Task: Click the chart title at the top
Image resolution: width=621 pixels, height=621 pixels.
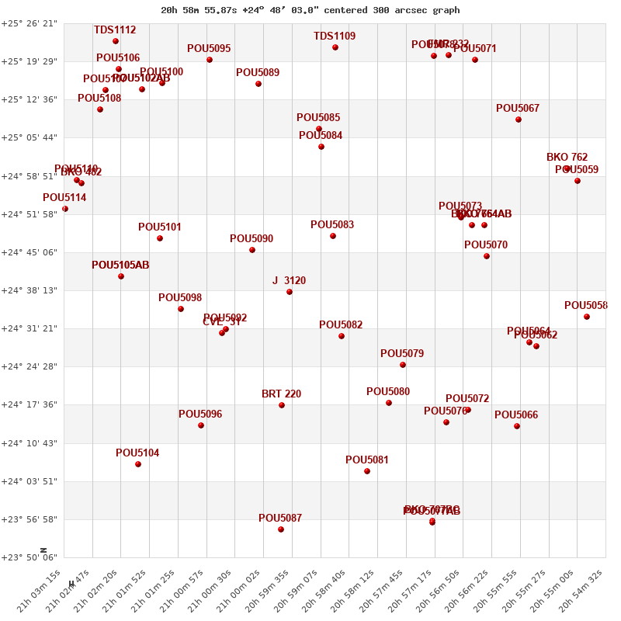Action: (310, 10)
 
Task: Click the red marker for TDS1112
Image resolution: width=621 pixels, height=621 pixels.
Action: (116, 41)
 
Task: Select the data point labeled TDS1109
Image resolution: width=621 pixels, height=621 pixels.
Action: (335, 47)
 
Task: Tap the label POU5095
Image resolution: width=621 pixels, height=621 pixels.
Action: (209, 49)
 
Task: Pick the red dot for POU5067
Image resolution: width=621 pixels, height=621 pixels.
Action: (519, 120)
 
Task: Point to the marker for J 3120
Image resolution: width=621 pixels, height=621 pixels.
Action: (290, 292)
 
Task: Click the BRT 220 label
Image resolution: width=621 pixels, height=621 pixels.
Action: (281, 394)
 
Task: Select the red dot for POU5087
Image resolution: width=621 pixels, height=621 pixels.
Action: (281, 529)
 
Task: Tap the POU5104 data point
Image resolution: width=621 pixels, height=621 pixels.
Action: (138, 464)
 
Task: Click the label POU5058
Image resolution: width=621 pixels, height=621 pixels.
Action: (586, 306)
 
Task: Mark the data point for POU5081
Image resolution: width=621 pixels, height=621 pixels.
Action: (367, 471)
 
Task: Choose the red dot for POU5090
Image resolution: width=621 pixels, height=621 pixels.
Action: (252, 250)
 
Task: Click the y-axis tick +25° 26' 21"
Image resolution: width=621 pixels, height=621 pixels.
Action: (29, 23)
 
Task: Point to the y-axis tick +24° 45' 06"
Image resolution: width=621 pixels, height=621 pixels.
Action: (29, 252)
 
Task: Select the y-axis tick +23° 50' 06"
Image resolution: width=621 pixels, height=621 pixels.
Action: (29, 557)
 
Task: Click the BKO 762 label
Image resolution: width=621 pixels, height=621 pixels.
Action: (567, 158)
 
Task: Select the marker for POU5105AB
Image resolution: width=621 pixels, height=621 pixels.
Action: (121, 276)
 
